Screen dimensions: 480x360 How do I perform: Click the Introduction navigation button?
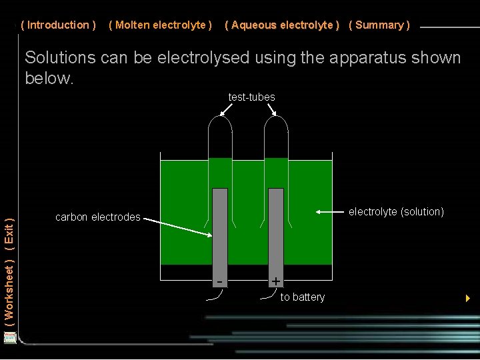pos(59,25)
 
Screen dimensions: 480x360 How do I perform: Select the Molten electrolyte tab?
pos(160,25)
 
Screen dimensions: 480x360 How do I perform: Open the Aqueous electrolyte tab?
pos(282,25)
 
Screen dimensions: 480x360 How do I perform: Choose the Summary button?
pos(379,25)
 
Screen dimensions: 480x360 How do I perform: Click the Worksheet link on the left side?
pos(9,291)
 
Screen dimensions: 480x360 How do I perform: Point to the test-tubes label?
pos(251,97)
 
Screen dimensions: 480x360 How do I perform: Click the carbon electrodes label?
pos(98,217)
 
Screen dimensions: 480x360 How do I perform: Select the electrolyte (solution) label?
pos(396,212)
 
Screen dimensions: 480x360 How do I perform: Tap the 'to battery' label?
pos(303,297)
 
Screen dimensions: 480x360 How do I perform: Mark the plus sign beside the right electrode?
pos(275,281)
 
